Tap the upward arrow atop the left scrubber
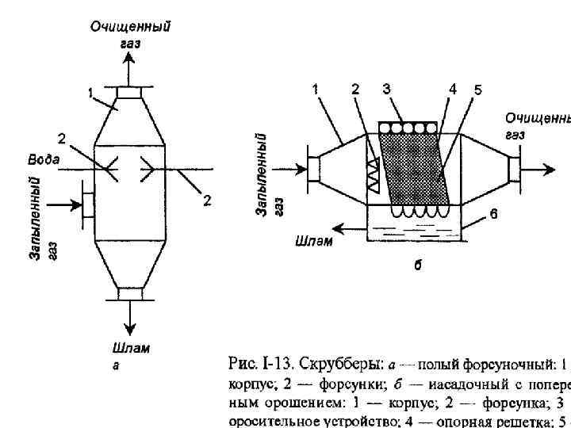coord(128,71)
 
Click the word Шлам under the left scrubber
coord(128,348)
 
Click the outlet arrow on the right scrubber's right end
coord(541,168)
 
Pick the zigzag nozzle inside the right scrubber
coord(372,174)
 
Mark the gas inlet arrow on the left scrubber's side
coord(67,205)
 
